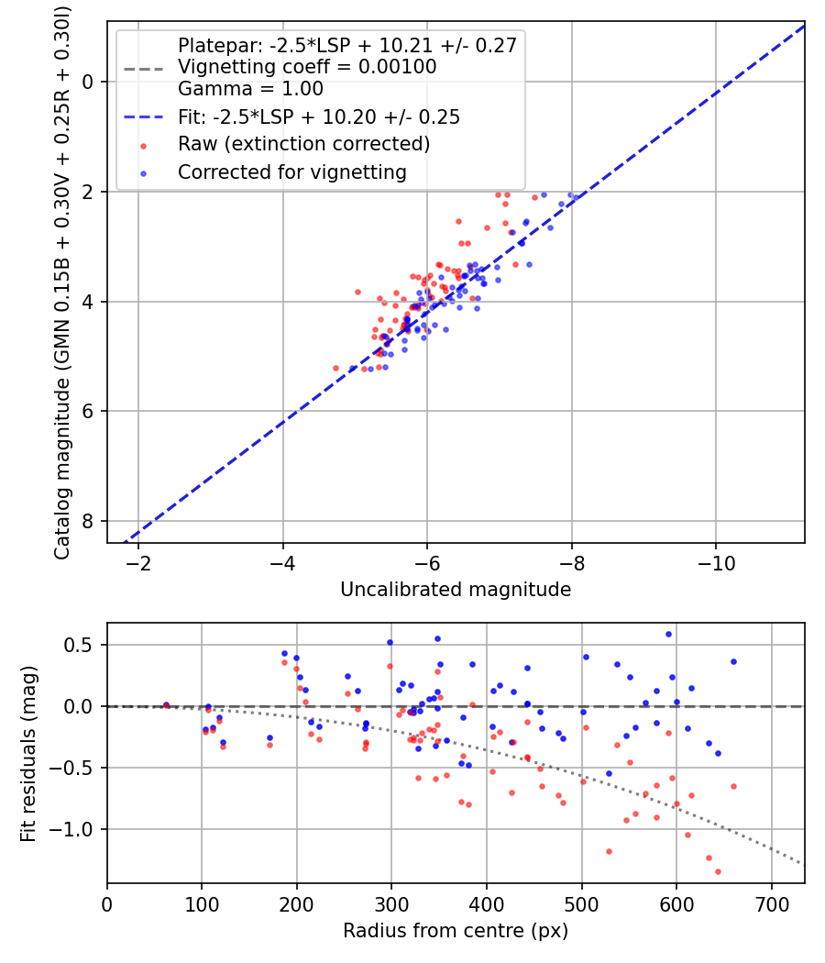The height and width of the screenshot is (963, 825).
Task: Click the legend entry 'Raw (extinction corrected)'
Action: click(x=303, y=144)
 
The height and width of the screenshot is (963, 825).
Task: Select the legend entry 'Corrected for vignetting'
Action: click(x=291, y=172)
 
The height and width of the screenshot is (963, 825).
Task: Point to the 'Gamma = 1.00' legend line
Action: click(x=250, y=89)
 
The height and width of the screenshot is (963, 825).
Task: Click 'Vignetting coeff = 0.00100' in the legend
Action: click(x=307, y=67)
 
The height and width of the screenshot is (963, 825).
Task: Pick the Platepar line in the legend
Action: click(x=348, y=45)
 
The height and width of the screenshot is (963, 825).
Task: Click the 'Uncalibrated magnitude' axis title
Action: click(x=456, y=590)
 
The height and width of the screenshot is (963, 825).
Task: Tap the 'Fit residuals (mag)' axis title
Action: click(x=28, y=753)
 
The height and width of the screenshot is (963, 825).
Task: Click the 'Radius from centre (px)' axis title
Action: click(x=456, y=931)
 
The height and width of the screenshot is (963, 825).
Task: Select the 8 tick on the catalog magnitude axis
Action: click(x=88, y=521)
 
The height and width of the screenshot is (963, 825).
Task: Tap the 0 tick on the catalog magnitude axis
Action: click(x=88, y=82)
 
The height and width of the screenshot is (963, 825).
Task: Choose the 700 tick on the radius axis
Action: click(x=771, y=903)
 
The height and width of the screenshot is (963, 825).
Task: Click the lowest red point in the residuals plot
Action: click(x=718, y=871)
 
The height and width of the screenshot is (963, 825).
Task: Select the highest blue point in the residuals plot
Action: click(x=668, y=634)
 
